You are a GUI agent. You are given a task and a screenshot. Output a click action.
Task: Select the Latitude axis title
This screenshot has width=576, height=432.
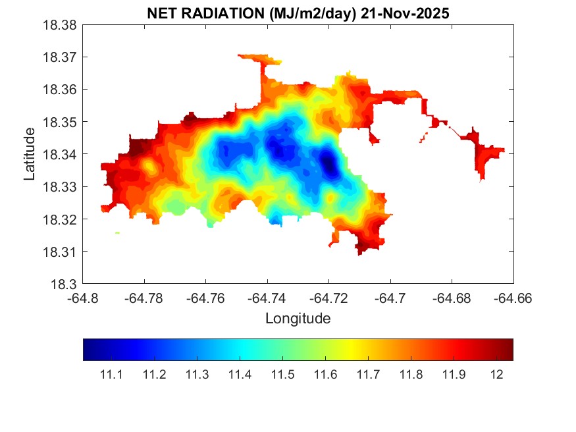click(30, 155)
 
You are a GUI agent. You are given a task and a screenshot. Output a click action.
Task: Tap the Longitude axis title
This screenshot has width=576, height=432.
click(298, 319)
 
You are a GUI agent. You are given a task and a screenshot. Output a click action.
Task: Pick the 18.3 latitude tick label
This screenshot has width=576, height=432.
click(66, 284)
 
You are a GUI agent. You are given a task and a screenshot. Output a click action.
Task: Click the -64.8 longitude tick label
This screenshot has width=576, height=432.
click(84, 298)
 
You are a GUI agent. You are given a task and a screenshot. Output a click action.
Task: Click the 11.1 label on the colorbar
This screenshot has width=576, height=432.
click(111, 375)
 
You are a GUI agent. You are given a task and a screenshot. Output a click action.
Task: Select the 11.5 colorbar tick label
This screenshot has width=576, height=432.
click(282, 375)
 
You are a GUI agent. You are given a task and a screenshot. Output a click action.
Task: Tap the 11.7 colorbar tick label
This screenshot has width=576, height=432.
click(368, 375)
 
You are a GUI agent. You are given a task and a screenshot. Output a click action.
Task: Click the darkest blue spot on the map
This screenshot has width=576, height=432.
click(328, 162)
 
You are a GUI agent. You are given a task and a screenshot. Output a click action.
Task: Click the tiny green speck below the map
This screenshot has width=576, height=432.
click(117, 233)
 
